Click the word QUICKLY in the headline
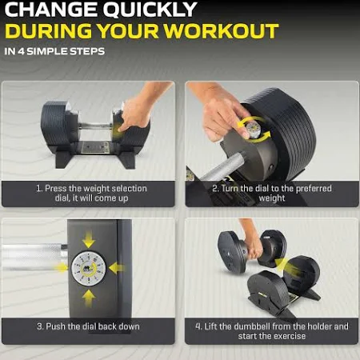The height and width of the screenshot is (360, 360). [150, 10]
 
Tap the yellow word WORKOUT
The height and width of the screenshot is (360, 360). [222, 31]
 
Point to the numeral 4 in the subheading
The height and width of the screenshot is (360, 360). [21, 51]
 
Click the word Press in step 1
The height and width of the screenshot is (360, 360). [56, 188]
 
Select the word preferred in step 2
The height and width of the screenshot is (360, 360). [314, 189]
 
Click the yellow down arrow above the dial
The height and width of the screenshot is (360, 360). [89, 240]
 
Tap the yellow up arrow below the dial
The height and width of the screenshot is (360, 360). [89, 298]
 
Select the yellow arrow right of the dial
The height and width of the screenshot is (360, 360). [117, 268]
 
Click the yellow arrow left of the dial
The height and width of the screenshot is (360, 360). [61, 267]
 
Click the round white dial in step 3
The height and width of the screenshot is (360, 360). [89, 269]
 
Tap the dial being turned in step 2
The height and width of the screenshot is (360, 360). [253, 130]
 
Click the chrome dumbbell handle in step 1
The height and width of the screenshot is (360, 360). [95, 126]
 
